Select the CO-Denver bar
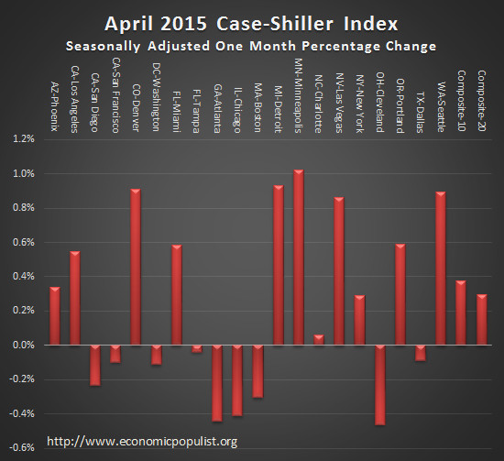(136, 267)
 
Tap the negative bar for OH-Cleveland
(379, 385)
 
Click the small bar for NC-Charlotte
(318, 340)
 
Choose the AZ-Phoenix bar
(54, 316)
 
